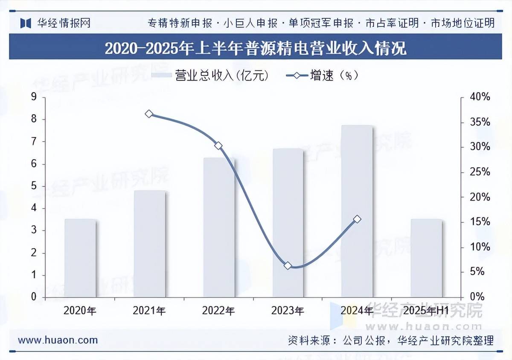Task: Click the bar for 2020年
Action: click(x=80, y=258)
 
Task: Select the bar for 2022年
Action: click(x=219, y=227)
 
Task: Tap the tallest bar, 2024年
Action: click(x=357, y=211)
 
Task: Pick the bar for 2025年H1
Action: click(x=426, y=258)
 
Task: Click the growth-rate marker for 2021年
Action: click(x=149, y=114)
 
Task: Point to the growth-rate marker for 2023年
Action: click(x=288, y=266)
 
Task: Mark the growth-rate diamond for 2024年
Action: click(x=357, y=219)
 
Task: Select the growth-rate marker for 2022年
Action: click(x=218, y=146)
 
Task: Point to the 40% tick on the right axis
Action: click(x=480, y=97)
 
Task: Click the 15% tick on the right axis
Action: click(x=480, y=222)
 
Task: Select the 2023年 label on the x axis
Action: click(x=288, y=311)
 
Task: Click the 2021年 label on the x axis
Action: click(x=149, y=311)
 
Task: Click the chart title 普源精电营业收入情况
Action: click(x=256, y=48)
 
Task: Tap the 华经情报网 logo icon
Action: click(x=26, y=23)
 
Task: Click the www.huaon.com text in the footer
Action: click(x=58, y=340)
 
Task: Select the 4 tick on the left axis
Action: click(x=34, y=208)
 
